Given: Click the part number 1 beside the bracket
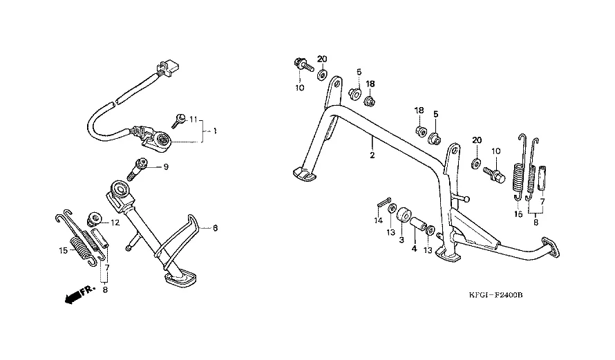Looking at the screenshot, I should (215, 131).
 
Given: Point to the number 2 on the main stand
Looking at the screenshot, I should (372, 155).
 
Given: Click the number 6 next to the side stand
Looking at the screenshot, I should (215, 228).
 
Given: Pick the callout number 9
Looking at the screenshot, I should (166, 167).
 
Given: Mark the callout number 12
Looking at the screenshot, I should (115, 223).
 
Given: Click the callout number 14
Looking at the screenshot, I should (377, 221).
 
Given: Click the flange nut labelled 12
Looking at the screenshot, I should (93, 220).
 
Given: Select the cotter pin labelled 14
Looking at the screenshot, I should (384, 202).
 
